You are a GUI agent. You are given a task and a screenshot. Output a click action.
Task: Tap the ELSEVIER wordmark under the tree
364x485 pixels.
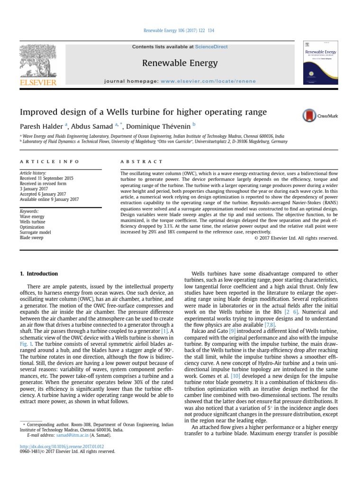coord(37,82)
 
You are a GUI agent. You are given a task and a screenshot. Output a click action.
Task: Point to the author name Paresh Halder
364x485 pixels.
coord(41,126)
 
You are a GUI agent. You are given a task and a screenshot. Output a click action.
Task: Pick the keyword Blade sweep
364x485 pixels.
coord(31,238)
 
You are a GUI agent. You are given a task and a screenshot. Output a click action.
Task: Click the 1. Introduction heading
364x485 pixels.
coord(39,274)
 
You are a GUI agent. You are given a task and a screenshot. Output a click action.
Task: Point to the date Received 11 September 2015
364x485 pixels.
coord(46,178)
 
